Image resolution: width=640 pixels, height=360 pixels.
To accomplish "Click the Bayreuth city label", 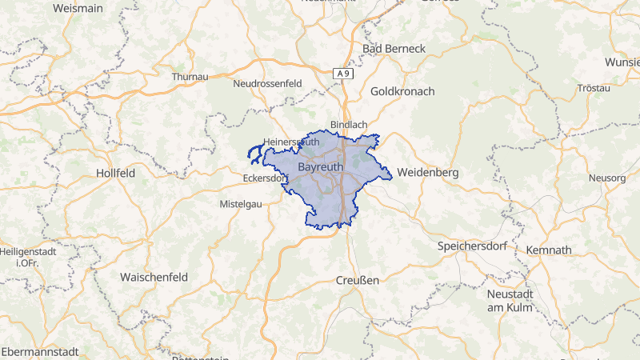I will (322, 167).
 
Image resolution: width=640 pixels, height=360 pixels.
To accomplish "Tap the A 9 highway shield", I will (343, 74).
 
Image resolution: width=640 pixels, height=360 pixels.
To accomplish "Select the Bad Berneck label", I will (394, 49).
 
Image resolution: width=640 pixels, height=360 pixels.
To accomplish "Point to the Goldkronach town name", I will (402, 91).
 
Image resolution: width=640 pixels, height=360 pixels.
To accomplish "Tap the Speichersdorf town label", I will (472, 246).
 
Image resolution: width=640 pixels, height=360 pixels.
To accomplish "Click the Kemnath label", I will (548, 250).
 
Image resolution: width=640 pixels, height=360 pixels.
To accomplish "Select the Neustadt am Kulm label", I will (510, 301).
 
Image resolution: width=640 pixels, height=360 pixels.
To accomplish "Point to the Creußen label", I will (356, 280).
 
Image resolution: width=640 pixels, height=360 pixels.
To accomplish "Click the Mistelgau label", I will (241, 204).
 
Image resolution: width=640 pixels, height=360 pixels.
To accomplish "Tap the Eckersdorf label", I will (263, 178).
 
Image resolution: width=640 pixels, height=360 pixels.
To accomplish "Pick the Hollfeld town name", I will (115, 172).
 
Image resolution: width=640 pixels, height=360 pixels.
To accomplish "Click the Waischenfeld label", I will (154, 276).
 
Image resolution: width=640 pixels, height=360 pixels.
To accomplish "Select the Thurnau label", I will (190, 77).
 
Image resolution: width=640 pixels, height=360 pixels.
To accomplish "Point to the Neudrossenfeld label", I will (267, 83).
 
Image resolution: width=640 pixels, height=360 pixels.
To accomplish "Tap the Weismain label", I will (78, 7).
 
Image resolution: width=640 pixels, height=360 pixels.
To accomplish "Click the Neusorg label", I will (606, 177).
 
